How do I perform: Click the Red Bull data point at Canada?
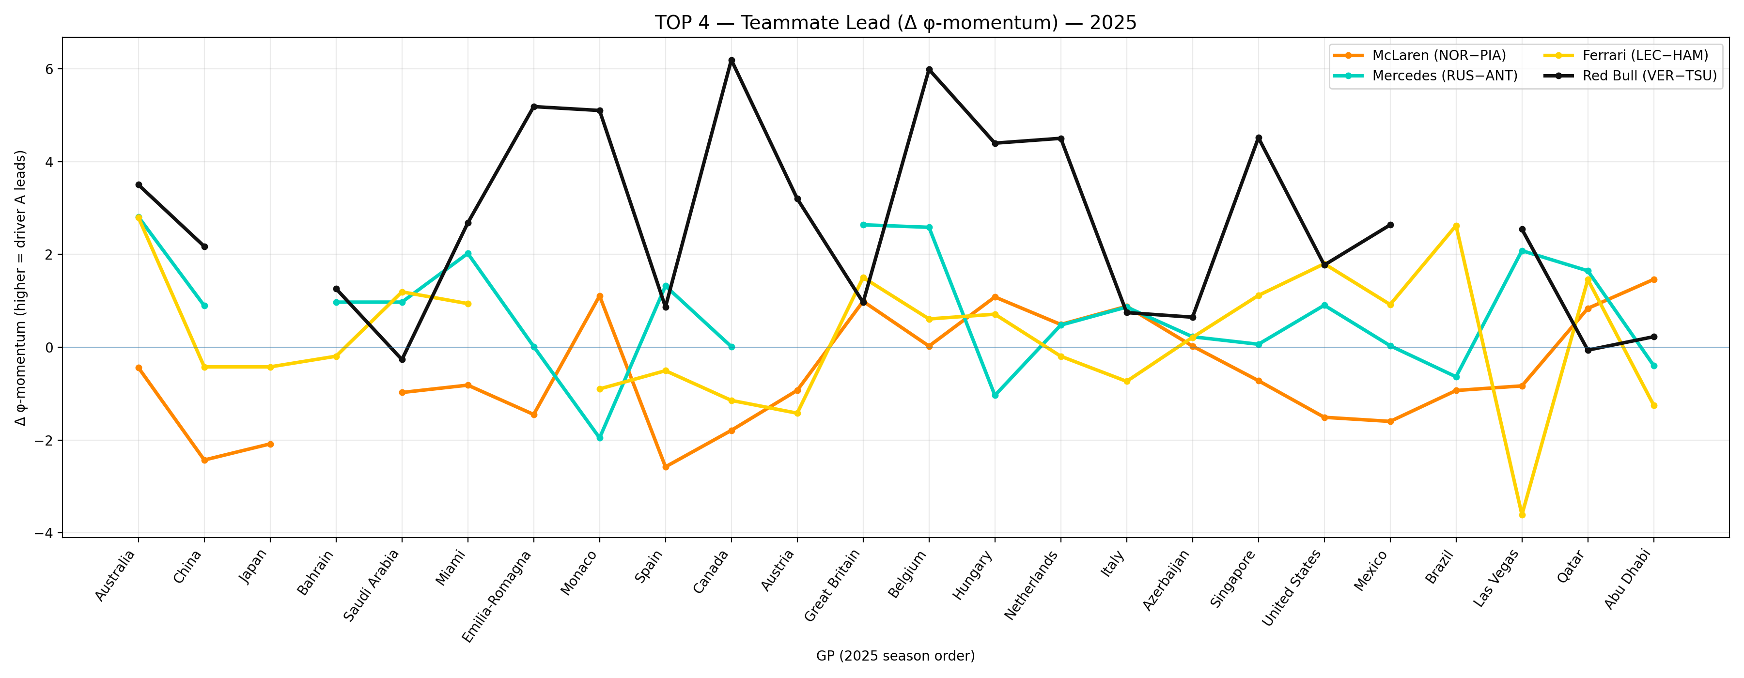(731, 60)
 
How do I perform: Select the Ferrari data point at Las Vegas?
(1522, 515)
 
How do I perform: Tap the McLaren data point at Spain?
(666, 467)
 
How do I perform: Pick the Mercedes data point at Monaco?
(600, 438)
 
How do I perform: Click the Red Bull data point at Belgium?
(929, 69)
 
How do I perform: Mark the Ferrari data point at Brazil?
(1456, 226)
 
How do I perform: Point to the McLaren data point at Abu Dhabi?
(1654, 279)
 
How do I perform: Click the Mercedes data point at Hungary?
(995, 395)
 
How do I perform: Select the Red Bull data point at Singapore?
(1259, 138)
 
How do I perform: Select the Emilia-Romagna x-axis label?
(499, 596)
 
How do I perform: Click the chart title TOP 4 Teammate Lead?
(895, 23)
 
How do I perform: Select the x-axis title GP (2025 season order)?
(895, 656)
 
